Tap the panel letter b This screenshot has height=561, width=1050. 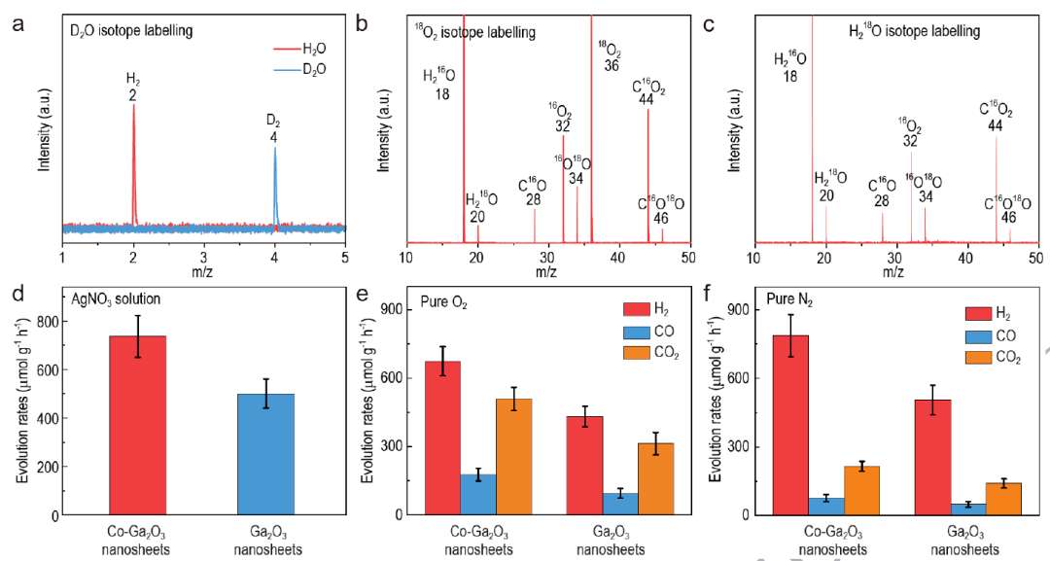tap(362, 24)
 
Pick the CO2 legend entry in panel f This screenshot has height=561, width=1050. tap(1001, 359)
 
